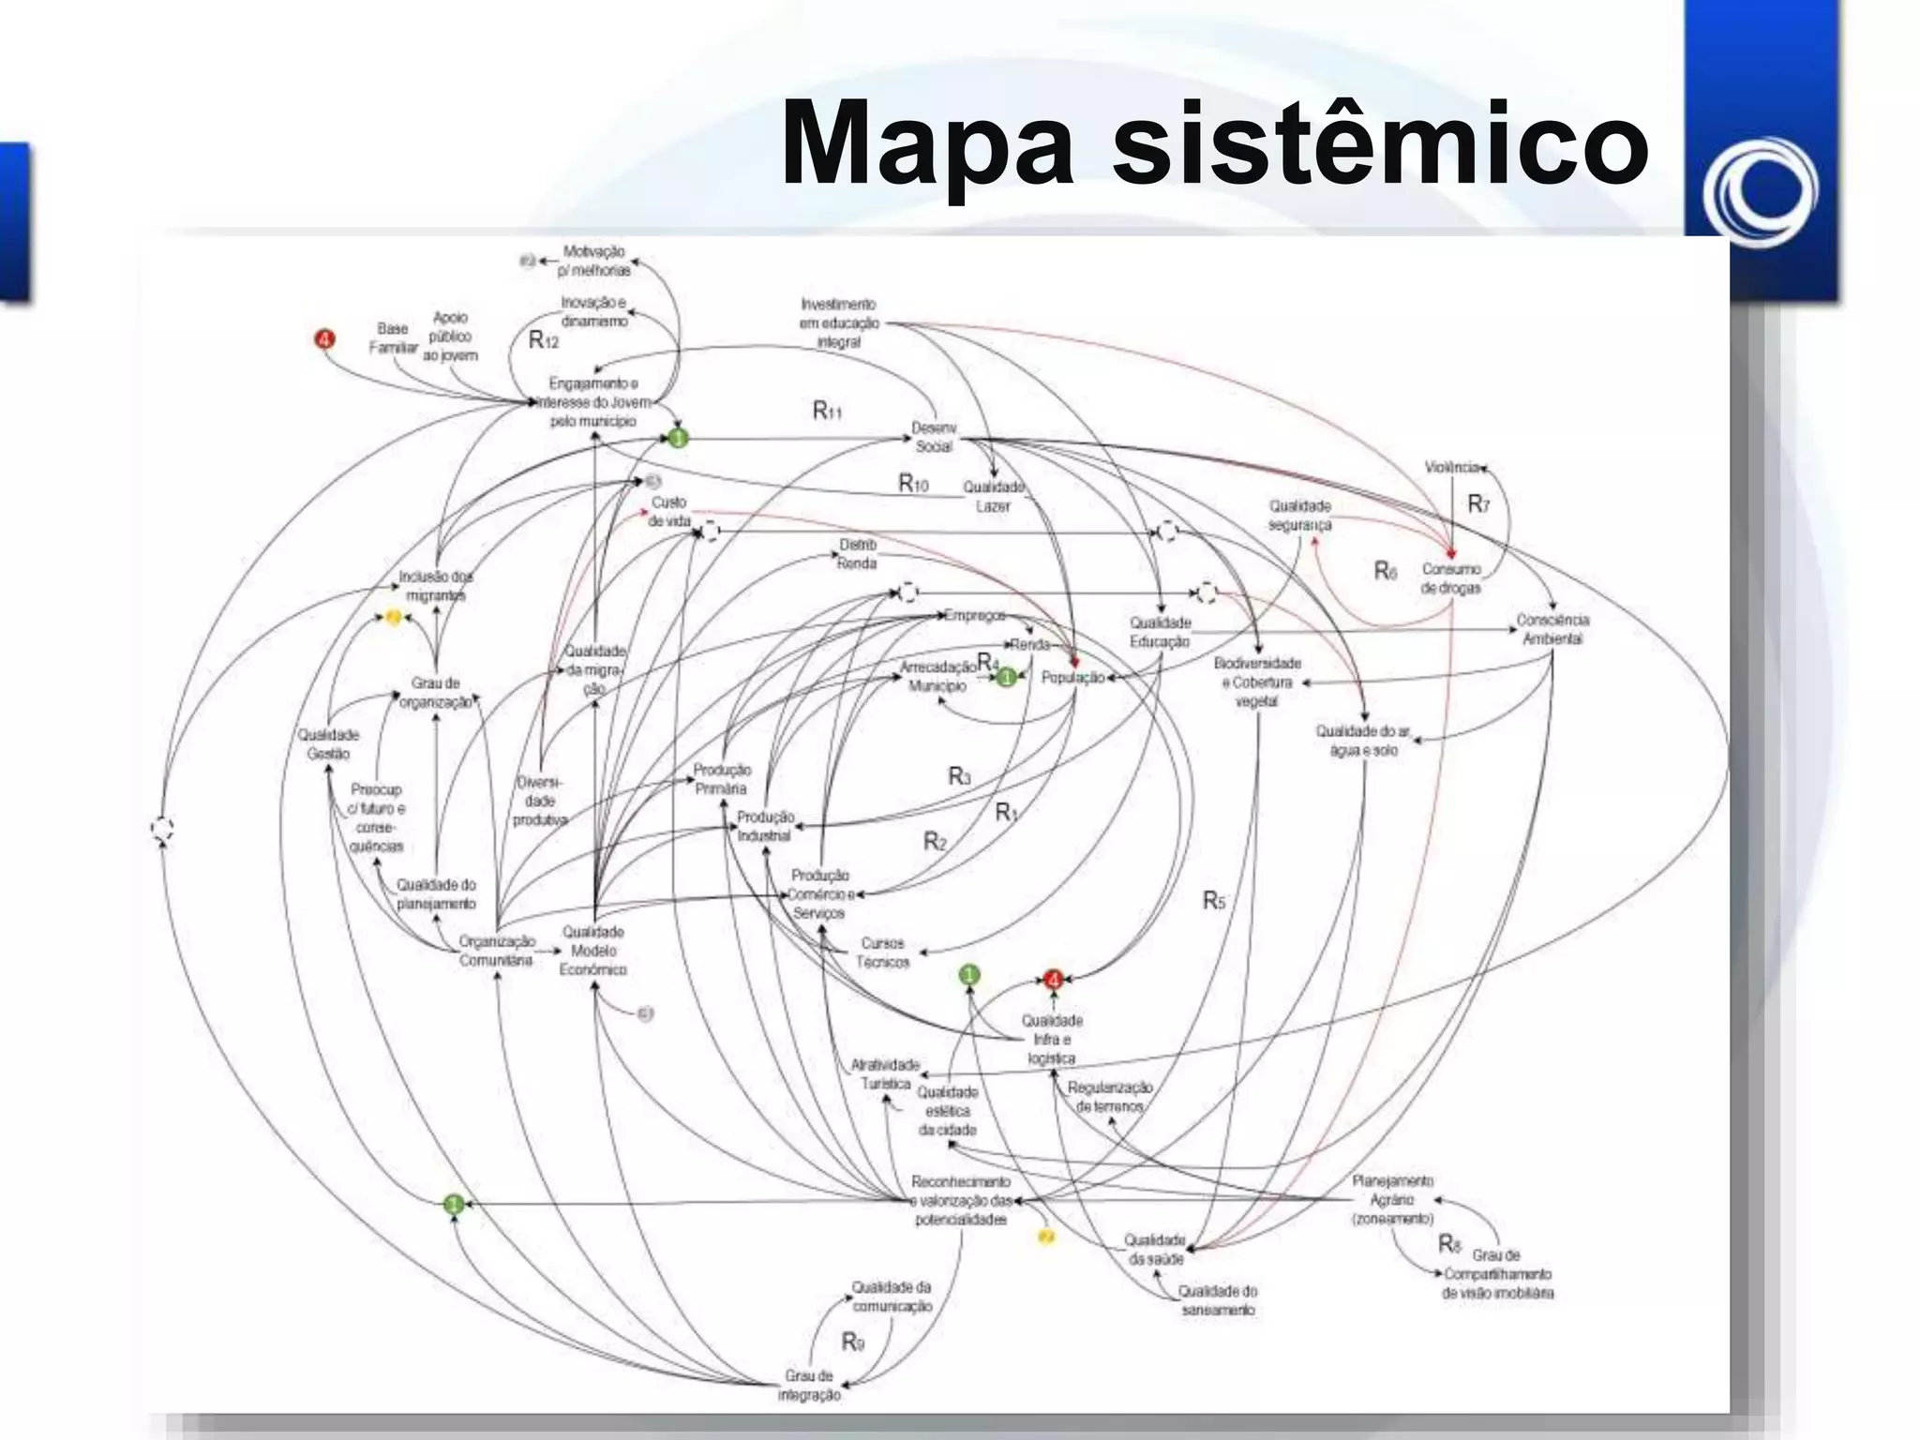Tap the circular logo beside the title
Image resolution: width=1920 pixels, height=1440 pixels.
pos(1761,192)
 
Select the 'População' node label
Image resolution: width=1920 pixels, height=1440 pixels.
pos(1072,677)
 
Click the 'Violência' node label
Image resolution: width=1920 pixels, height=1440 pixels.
pos(1451,467)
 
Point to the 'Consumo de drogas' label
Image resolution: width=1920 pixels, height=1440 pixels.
pos(1451,578)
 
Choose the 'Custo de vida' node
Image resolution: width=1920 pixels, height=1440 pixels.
pos(668,512)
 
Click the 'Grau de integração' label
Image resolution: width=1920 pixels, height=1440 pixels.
pos(809,1386)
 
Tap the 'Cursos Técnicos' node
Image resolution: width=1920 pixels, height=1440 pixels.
pos(882,952)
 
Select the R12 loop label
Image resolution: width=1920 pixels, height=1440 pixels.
pos(544,340)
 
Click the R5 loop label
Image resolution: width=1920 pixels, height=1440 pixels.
pos(1214,901)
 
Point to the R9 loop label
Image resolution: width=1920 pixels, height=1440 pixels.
pos(852,1342)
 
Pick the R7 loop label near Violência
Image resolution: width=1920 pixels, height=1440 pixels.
pos(1478,504)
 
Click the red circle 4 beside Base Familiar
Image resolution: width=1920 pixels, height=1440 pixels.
pos(324,338)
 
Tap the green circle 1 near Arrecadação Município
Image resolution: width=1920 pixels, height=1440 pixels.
pos(1006,677)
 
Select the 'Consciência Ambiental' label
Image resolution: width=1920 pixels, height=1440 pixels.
pos(1552,629)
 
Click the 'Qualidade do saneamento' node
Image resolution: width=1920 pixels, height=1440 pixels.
pos(1218,1300)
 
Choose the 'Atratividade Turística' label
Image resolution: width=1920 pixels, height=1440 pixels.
pos(884,1074)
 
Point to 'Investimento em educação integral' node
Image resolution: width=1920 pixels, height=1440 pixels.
pos(838,323)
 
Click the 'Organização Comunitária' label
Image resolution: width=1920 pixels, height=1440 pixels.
pos(497,950)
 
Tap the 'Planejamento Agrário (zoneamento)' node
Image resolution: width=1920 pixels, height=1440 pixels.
pos(1393,1200)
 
